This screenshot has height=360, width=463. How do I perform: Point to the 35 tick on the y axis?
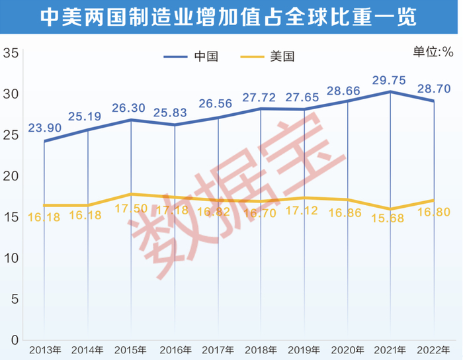(x=10, y=53)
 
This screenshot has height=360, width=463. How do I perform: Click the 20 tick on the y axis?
(x=10, y=176)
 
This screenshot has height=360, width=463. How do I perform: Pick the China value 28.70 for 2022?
(x=434, y=88)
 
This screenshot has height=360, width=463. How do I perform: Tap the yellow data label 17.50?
(x=131, y=207)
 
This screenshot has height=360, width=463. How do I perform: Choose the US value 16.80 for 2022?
(x=434, y=212)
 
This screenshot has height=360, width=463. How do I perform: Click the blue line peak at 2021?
(x=390, y=91)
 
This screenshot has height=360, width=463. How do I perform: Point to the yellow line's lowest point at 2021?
(x=390, y=209)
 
